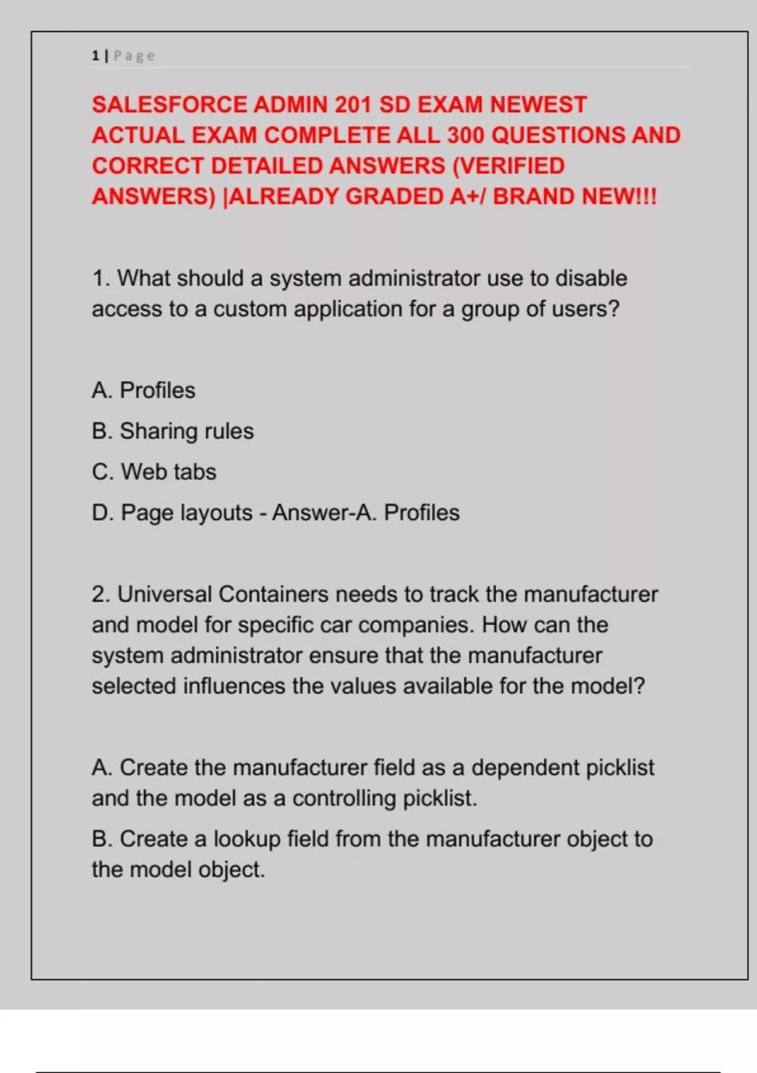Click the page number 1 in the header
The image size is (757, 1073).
pyautogui.click(x=95, y=56)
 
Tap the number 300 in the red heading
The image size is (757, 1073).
pyautogui.click(x=466, y=136)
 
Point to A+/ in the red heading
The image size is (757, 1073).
pyautogui.click(x=466, y=197)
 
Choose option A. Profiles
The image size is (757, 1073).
pyautogui.click(x=144, y=391)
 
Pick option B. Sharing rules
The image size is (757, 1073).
pyautogui.click(x=173, y=431)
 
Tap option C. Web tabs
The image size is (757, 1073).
pyautogui.click(x=154, y=472)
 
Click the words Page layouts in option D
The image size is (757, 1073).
pyautogui.click(x=186, y=513)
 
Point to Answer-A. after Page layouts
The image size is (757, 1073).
pyautogui.click(x=325, y=513)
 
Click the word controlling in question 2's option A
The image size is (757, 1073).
pyautogui.click(x=344, y=798)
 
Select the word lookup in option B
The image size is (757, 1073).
pyautogui.click(x=247, y=839)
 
